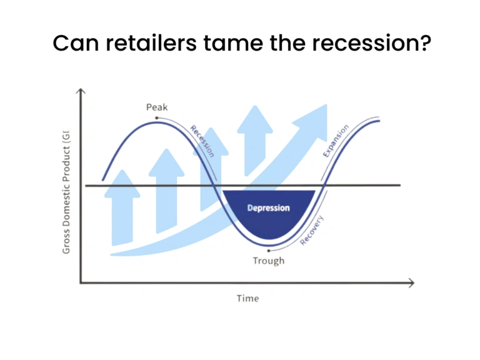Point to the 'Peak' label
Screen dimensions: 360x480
tap(157, 107)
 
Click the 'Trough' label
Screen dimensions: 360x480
tap(268, 260)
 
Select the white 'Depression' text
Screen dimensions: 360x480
tap(268, 207)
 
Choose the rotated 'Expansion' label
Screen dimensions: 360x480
tap(336, 141)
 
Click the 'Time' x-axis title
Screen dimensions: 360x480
tap(247, 298)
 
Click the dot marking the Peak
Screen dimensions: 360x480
tap(157, 117)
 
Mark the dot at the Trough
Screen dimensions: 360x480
tap(268, 249)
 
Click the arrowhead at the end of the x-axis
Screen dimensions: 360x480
tap(410, 283)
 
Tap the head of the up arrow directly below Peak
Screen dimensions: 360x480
tap(166, 159)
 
